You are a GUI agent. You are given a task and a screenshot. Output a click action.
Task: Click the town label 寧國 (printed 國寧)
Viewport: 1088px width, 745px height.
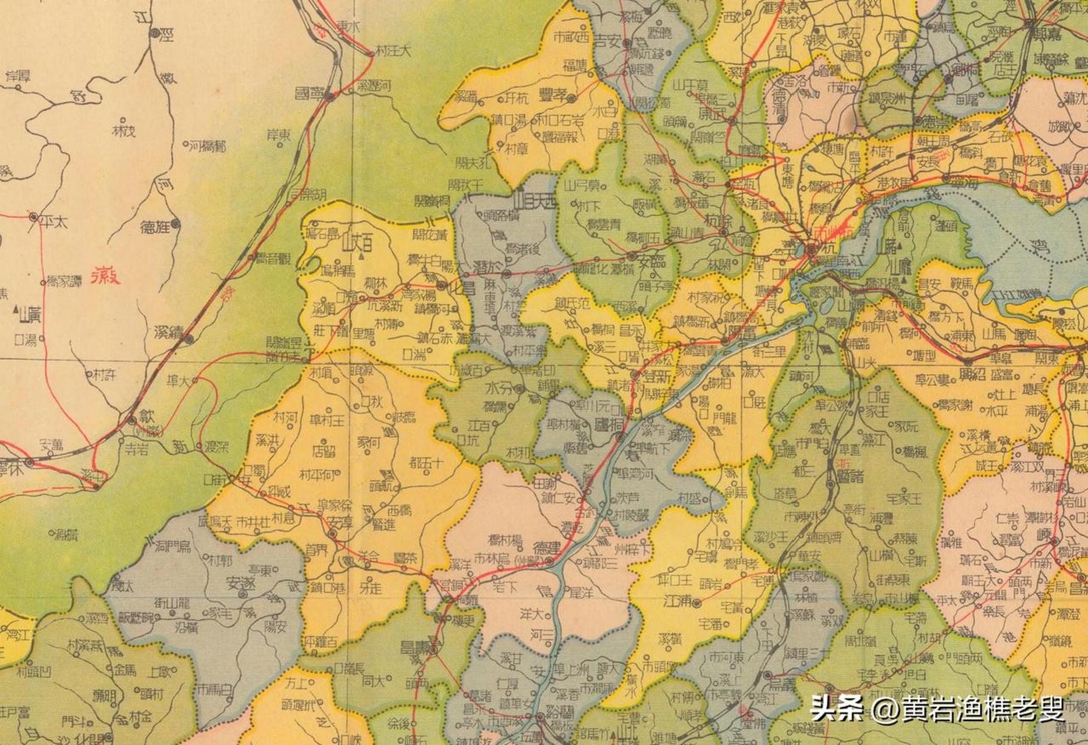pos(310,93)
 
